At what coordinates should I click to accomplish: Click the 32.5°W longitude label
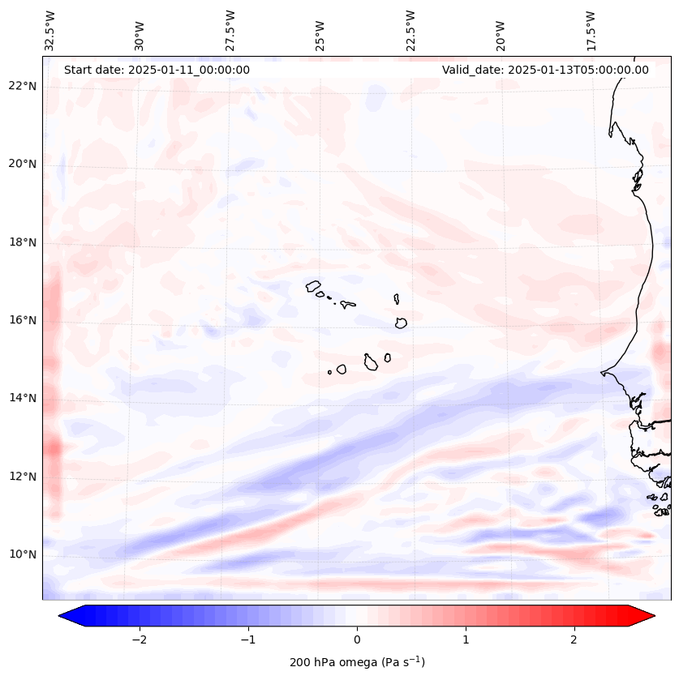pos(50,31)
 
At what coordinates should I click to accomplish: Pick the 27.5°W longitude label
pos(230,31)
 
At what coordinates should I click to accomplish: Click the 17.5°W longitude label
pos(591,31)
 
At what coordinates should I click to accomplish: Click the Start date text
pos(157,70)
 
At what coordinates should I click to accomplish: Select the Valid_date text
pos(545,70)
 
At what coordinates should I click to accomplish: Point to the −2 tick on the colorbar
pos(138,639)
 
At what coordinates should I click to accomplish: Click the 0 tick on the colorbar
pos(357,639)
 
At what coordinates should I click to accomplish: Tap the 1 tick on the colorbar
pos(466,639)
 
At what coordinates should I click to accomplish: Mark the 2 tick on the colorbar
pos(574,639)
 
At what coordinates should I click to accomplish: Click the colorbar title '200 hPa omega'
pos(357,662)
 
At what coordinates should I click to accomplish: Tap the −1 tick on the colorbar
pos(247,639)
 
